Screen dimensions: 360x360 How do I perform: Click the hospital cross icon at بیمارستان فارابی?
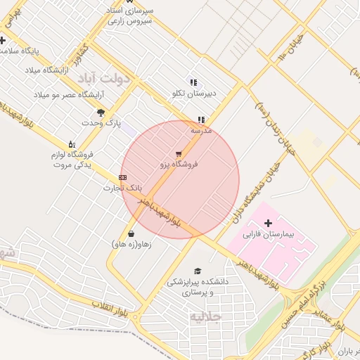[267, 223]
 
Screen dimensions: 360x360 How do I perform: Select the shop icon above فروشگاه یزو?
[179, 153]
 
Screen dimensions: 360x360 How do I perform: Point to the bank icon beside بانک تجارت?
[123, 178]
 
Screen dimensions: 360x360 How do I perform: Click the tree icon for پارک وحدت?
[101, 112]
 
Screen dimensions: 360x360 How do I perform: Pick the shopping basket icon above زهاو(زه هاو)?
[131, 234]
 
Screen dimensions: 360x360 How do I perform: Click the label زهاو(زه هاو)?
[131, 245]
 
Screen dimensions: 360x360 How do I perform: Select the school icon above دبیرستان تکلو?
[194, 82]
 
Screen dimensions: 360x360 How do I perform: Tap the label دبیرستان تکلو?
[194, 93]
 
